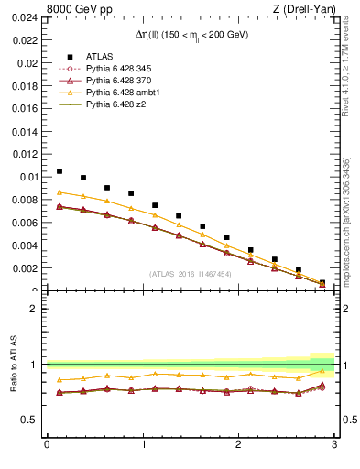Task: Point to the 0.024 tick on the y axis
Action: pyautogui.click(x=25, y=19)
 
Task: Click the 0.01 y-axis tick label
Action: pyautogui.click(x=27, y=177)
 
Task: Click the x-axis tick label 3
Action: pyautogui.click(x=334, y=445)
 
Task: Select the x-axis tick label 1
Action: pyautogui.click(x=142, y=445)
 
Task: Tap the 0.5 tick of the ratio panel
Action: pyautogui.click(x=30, y=420)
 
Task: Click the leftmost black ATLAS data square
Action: pyautogui.click(x=60, y=171)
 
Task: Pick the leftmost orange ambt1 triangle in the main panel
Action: pyautogui.click(x=60, y=192)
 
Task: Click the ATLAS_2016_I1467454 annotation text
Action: pyautogui.click(x=191, y=273)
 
